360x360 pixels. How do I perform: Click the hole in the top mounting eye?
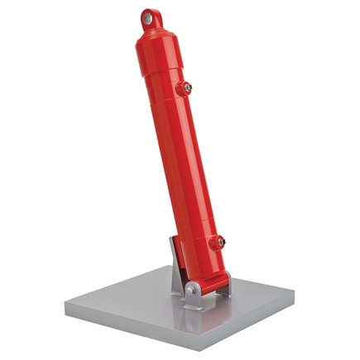147,17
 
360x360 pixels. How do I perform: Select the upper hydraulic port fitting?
185,87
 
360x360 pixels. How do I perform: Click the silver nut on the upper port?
189,88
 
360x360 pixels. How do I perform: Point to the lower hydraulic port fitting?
217,242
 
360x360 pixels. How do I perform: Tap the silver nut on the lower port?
220,243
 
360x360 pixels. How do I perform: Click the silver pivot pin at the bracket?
192,289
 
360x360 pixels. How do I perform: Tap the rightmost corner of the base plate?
295,292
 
